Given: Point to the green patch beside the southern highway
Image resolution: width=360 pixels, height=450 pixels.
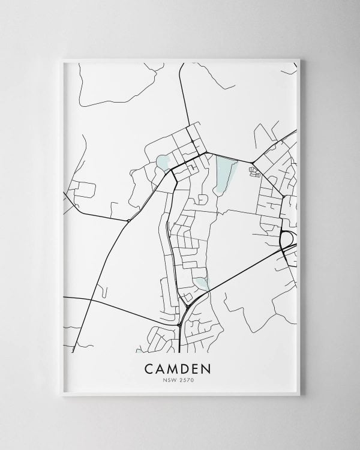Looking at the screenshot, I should click(200, 283).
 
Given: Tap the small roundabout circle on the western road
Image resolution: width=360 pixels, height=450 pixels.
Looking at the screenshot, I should click(129, 221).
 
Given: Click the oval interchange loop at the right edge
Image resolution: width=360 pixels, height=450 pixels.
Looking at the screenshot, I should click(286, 238).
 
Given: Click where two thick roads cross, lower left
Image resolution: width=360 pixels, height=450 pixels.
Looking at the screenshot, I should click(89, 298).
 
